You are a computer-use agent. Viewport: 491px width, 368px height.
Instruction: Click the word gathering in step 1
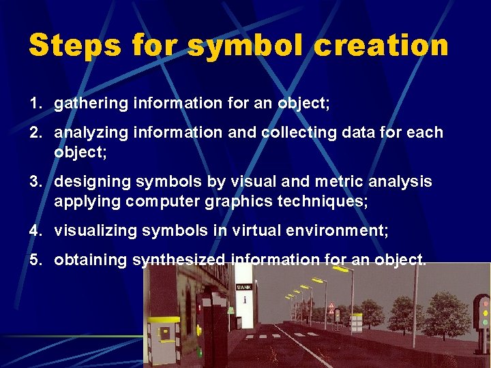[88, 104]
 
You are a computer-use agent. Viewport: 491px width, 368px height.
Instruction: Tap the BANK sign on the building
[243, 287]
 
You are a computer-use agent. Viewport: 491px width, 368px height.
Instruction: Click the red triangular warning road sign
[331, 307]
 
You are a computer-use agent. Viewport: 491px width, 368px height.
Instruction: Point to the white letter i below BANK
[244, 300]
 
